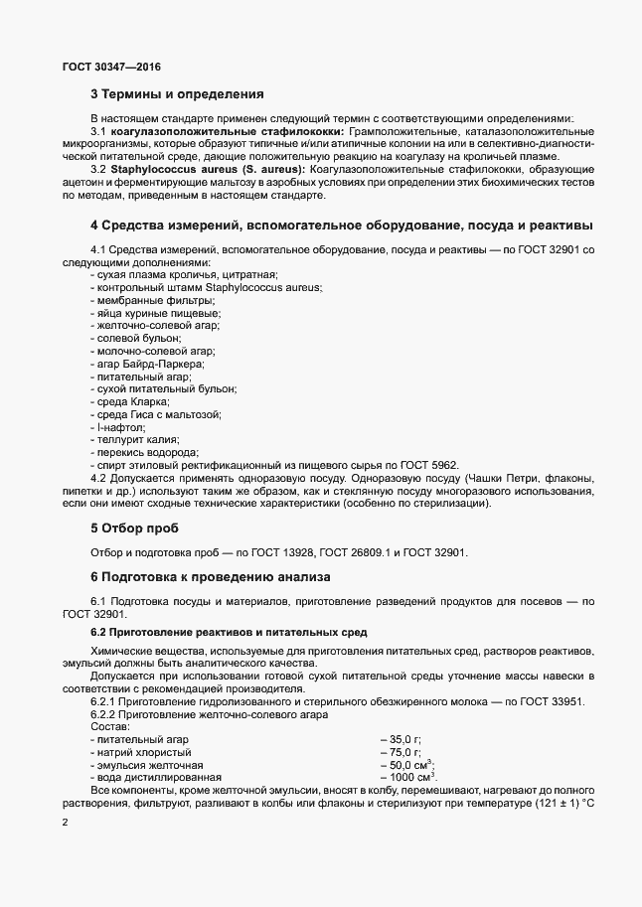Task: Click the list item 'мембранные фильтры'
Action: pyautogui.click(x=138, y=300)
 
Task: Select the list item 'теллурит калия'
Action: pyautogui.click(x=129, y=438)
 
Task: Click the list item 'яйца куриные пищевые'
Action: pyautogui.click(x=142, y=313)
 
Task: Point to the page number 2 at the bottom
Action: pyautogui.click(x=65, y=823)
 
